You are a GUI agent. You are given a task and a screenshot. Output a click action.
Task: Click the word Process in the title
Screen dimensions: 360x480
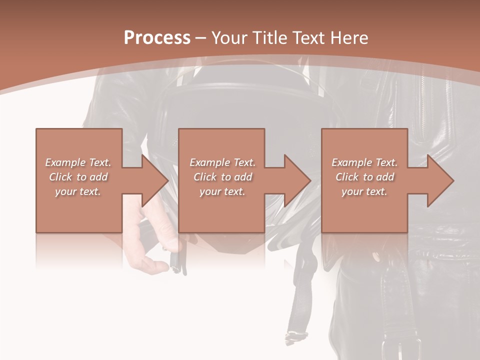pyautogui.click(x=157, y=38)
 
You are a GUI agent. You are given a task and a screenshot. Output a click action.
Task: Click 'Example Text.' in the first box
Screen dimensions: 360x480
pyautogui.click(x=78, y=162)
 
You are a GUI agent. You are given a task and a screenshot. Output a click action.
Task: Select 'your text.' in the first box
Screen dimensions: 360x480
pyautogui.click(x=78, y=191)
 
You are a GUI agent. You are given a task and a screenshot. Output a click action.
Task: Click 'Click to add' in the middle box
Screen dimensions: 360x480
pyautogui.click(x=222, y=177)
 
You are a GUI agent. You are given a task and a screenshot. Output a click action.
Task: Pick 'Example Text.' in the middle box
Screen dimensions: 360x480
pyautogui.click(x=222, y=162)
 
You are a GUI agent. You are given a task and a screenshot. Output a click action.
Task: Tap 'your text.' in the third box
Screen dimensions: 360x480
pyautogui.click(x=364, y=191)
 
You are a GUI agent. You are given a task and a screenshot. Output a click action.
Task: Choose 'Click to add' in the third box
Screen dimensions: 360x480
pyautogui.click(x=364, y=177)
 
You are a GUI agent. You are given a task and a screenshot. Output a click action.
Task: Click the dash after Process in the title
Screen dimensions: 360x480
pyautogui.click(x=200, y=38)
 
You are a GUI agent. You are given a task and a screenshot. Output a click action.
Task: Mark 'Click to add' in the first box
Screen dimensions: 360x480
pyautogui.click(x=78, y=177)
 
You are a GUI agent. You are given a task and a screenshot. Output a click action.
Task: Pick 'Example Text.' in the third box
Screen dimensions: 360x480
pyautogui.click(x=364, y=162)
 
